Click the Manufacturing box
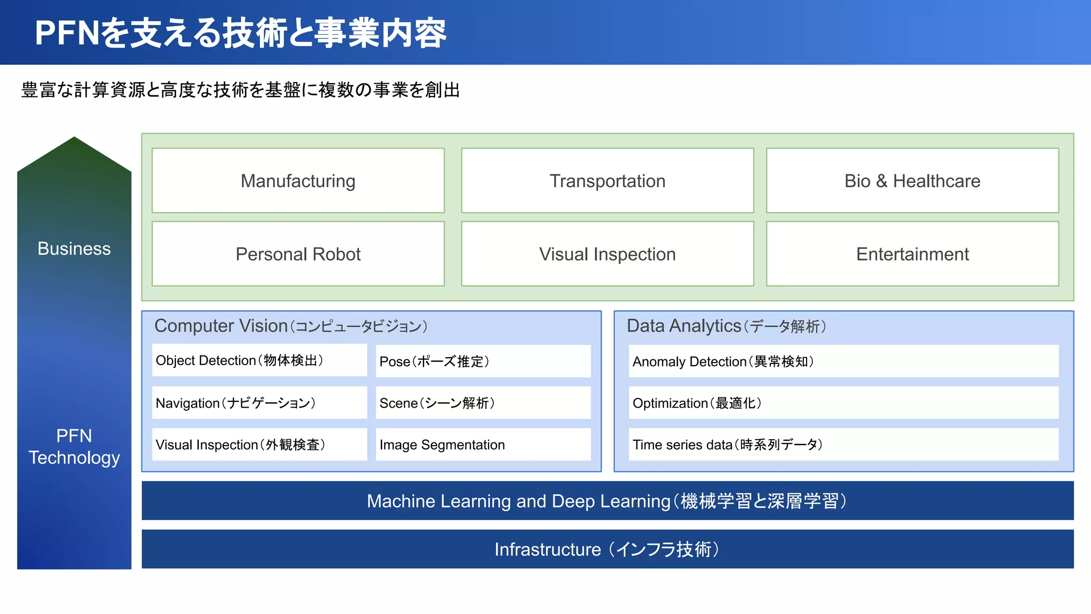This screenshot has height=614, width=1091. pos(298,181)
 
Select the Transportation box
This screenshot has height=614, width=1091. pos(607,181)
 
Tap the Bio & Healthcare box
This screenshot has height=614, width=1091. pos(912,181)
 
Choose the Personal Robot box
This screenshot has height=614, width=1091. pos(298,254)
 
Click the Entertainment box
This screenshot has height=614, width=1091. pos(912,254)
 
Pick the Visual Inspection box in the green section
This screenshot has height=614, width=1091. pos(607,254)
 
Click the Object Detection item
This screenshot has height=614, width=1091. pos(259,360)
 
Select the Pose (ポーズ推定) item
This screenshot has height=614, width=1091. pos(483,361)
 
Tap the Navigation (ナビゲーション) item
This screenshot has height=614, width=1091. pos(259,403)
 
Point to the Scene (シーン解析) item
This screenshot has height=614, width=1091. pos(483,403)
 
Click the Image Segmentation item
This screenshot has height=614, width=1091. pos(483,445)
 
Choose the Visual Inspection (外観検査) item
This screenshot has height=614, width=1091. pos(259,445)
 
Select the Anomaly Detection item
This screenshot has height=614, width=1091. pos(843,361)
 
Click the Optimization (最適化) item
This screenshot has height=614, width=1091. pos(843,403)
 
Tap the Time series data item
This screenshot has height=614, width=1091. pos(843,445)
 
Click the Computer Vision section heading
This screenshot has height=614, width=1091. pos(291,326)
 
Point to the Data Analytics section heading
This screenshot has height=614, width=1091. pos(726,326)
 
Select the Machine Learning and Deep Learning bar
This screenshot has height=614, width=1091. pos(607,501)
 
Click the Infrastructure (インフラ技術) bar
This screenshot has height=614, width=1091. pos(607,549)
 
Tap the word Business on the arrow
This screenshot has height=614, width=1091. pos(74,248)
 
